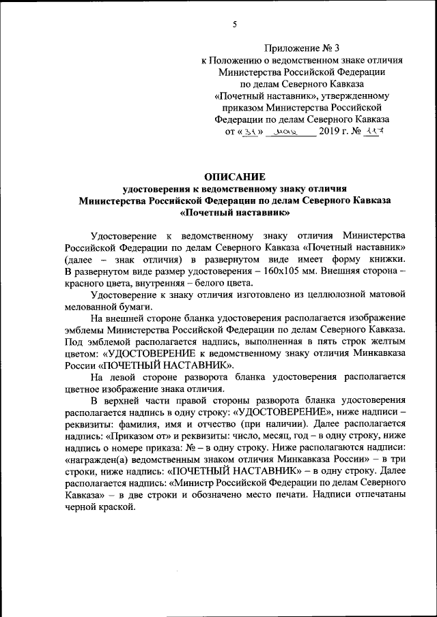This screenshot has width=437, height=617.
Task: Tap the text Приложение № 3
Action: pos(301,48)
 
